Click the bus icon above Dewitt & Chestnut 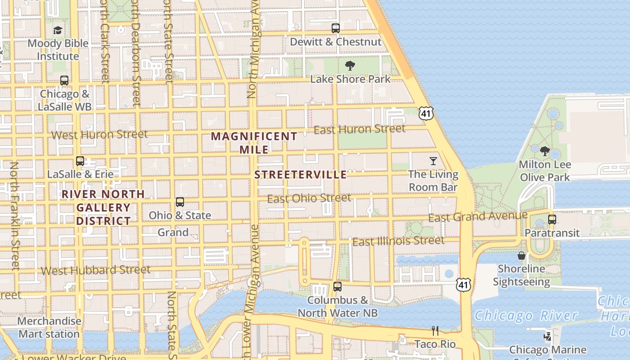tap(336, 28)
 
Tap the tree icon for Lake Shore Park tap(350, 66)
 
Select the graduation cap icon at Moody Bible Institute tap(58, 31)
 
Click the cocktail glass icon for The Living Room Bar tap(433, 161)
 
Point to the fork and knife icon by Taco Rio tap(435, 331)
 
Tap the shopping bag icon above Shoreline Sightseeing tap(522, 256)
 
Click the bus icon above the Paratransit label tap(552, 220)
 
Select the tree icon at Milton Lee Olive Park tap(545, 151)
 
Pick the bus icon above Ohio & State tap(180, 202)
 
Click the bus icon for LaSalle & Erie tap(80, 161)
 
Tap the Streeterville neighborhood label tap(301, 175)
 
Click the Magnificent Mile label tap(254, 143)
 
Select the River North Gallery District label tap(103, 207)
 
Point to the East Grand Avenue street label tap(477, 217)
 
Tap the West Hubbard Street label tap(96, 270)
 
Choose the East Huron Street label tap(360, 130)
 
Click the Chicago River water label tap(526, 315)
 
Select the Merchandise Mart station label tap(49, 328)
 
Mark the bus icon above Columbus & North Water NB tap(337, 286)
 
